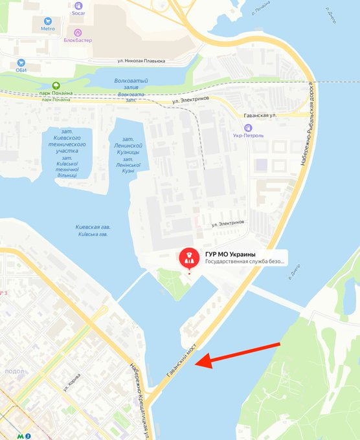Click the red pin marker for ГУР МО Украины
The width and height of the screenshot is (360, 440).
[189, 259]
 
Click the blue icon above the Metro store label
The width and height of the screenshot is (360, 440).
[48, 19]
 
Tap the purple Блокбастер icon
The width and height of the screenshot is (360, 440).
[78, 32]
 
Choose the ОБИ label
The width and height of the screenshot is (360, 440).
[22, 71]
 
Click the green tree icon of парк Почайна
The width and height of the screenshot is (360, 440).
[56, 85]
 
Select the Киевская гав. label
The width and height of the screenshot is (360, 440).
[93, 227]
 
